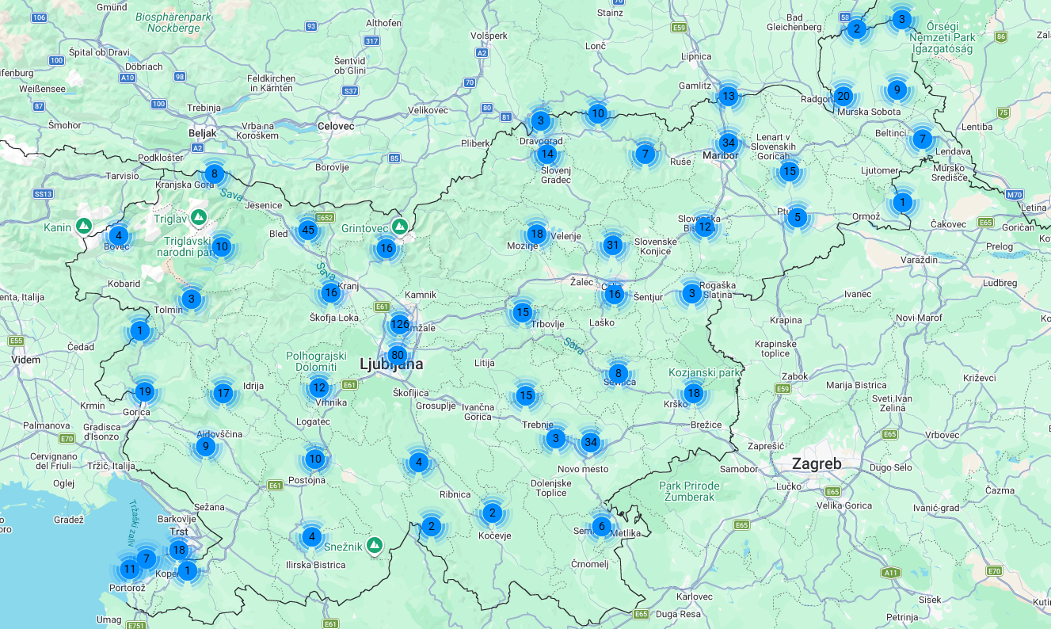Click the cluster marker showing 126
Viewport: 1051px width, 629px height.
click(x=399, y=324)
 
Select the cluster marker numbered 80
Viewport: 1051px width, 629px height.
click(x=398, y=355)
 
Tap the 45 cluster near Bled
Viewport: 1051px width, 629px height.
click(x=308, y=231)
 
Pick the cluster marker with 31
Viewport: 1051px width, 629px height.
click(x=612, y=245)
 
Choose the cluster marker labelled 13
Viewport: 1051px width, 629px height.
click(x=728, y=97)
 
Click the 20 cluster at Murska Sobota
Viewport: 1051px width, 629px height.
click(x=843, y=97)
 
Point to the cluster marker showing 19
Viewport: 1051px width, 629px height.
click(x=144, y=391)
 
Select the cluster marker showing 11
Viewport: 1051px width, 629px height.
click(x=129, y=568)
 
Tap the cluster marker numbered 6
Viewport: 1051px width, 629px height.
click(x=601, y=526)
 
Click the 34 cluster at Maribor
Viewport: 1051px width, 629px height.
click(x=729, y=143)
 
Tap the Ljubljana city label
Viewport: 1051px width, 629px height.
click(x=391, y=365)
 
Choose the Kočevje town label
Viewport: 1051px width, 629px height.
click(x=495, y=536)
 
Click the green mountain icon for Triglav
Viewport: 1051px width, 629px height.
click(x=199, y=216)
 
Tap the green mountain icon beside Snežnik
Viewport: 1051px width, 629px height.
click(x=375, y=545)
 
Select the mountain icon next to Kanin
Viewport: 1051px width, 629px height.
click(x=83, y=227)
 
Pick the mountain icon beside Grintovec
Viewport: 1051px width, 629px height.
click(x=400, y=227)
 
